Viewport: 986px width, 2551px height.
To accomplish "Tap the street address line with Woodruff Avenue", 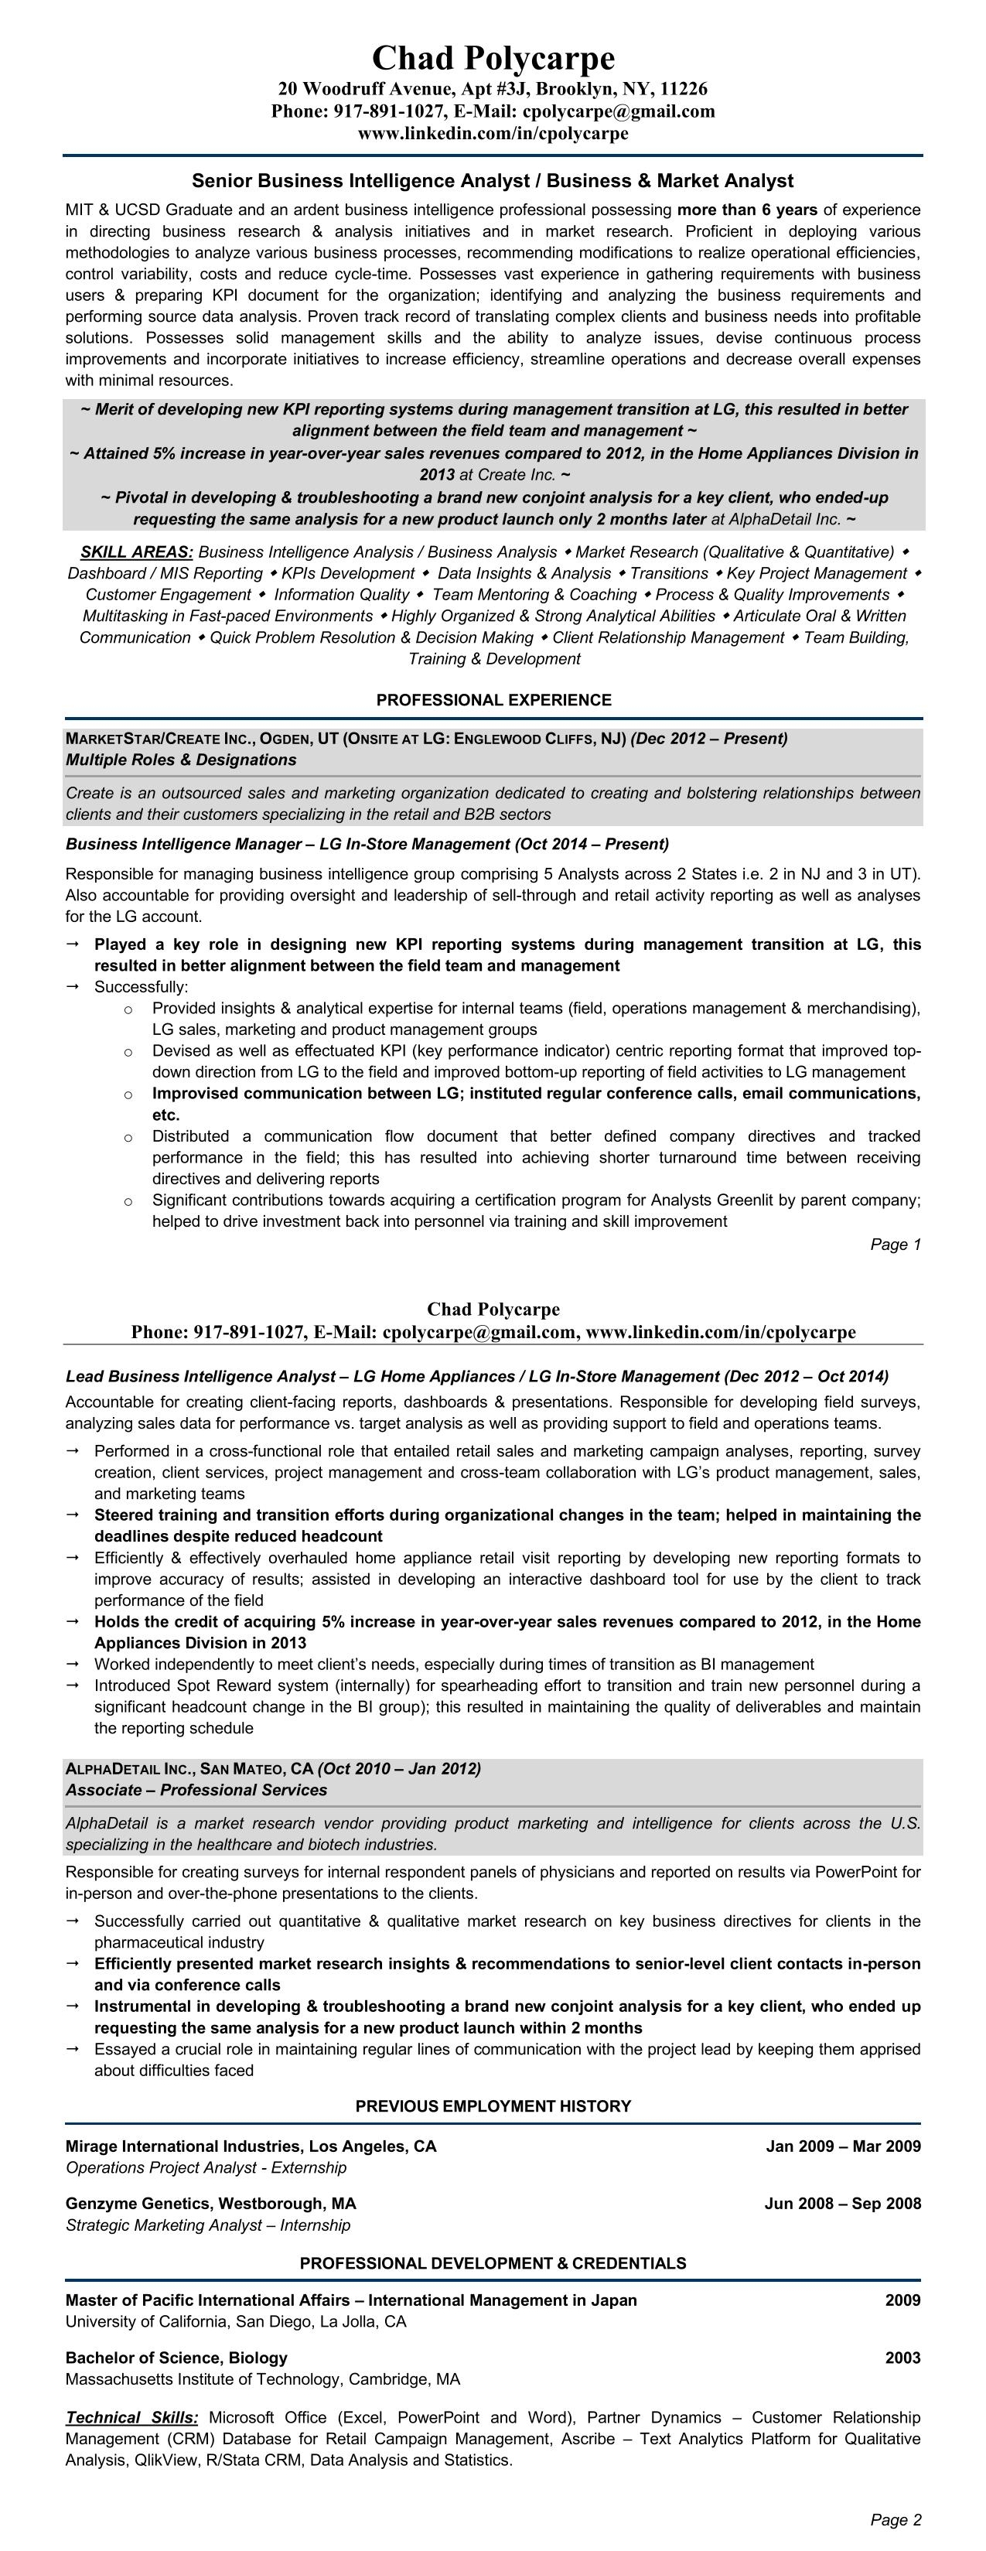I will point(493,89).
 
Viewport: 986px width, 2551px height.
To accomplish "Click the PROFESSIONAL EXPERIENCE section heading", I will point(493,700).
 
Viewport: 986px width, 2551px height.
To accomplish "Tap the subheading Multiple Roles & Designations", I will point(181,760).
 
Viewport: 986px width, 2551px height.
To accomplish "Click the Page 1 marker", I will point(895,1245).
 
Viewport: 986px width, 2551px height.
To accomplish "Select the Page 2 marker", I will point(895,2519).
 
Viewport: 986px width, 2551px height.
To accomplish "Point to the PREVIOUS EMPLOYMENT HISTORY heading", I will point(493,2106).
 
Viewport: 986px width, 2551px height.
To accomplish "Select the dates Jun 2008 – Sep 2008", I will point(842,2204).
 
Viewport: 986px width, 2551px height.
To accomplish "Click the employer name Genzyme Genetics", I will point(138,2204).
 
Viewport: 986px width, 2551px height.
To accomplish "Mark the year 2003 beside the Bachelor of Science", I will point(902,2358).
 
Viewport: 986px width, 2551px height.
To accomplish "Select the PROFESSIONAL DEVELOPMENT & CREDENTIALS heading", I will point(493,2262).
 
